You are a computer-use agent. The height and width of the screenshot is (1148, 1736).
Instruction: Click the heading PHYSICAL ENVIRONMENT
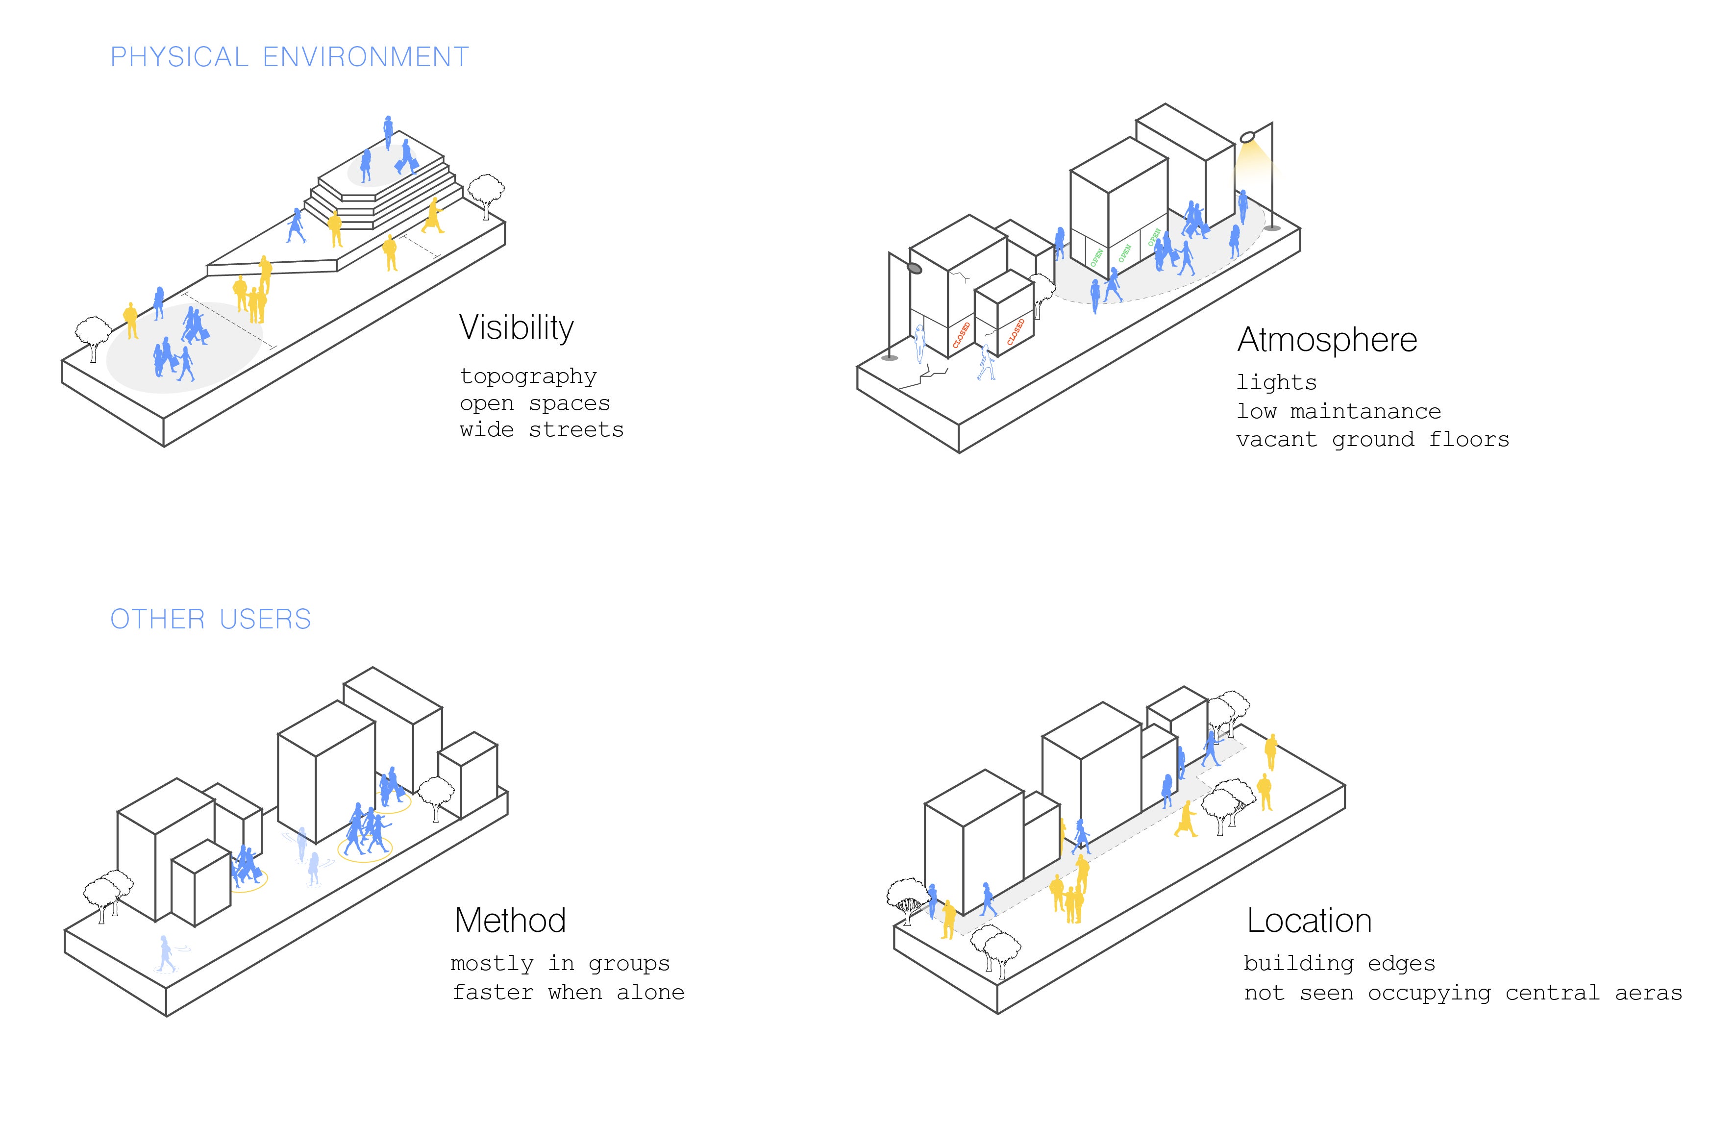pos(290,57)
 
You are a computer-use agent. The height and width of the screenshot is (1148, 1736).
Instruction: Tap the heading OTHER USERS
pos(211,620)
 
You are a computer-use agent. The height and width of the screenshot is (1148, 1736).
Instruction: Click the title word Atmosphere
pos(1327,340)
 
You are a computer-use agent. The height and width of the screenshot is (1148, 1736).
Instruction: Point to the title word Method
pos(510,920)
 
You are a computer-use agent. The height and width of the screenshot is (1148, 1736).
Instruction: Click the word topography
pos(528,376)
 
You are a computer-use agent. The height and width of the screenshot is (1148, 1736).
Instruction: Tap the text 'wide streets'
pos(542,430)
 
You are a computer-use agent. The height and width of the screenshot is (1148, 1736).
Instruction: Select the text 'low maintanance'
pos(1339,411)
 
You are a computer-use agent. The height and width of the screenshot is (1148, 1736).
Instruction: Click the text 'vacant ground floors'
pos(1373,440)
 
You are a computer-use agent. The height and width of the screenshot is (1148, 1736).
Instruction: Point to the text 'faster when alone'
pos(569,992)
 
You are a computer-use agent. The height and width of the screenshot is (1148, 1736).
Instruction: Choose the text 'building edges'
pos(1339,964)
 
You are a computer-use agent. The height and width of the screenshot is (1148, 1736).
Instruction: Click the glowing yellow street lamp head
pos(1248,137)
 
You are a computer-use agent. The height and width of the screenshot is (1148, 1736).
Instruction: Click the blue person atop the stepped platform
pos(388,132)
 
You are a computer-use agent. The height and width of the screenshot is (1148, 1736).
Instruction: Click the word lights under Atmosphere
pos(1276,383)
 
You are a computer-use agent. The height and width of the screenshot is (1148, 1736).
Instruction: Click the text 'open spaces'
pos(535,404)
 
